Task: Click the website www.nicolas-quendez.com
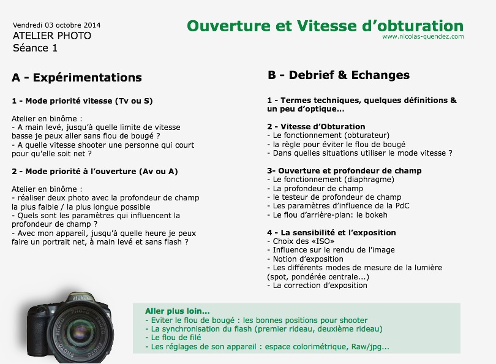pyautogui.click(x=423, y=36)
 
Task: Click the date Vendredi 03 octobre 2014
pyautogui.click(x=56, y=25)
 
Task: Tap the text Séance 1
pyautogui.click(x=35, y=48)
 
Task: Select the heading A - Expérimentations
pyautogui.click(x=77, y=78)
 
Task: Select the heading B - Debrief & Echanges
pyautogui.click(x=339, y=75)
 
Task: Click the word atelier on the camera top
pyautogui.click(x=80, y=298)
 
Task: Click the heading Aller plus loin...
pyautogui.click(x=178, y=311)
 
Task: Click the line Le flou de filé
pyautogui.click(x=173, y=338)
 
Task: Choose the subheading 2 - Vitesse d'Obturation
pyautogui.click(x=316, y=127)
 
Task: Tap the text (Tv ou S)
pyautogui.click(x=134, y=101)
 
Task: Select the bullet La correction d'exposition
pyautogui.click(x=317, y=286)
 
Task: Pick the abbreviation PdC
pyautogui.click(x=402, y=206)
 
